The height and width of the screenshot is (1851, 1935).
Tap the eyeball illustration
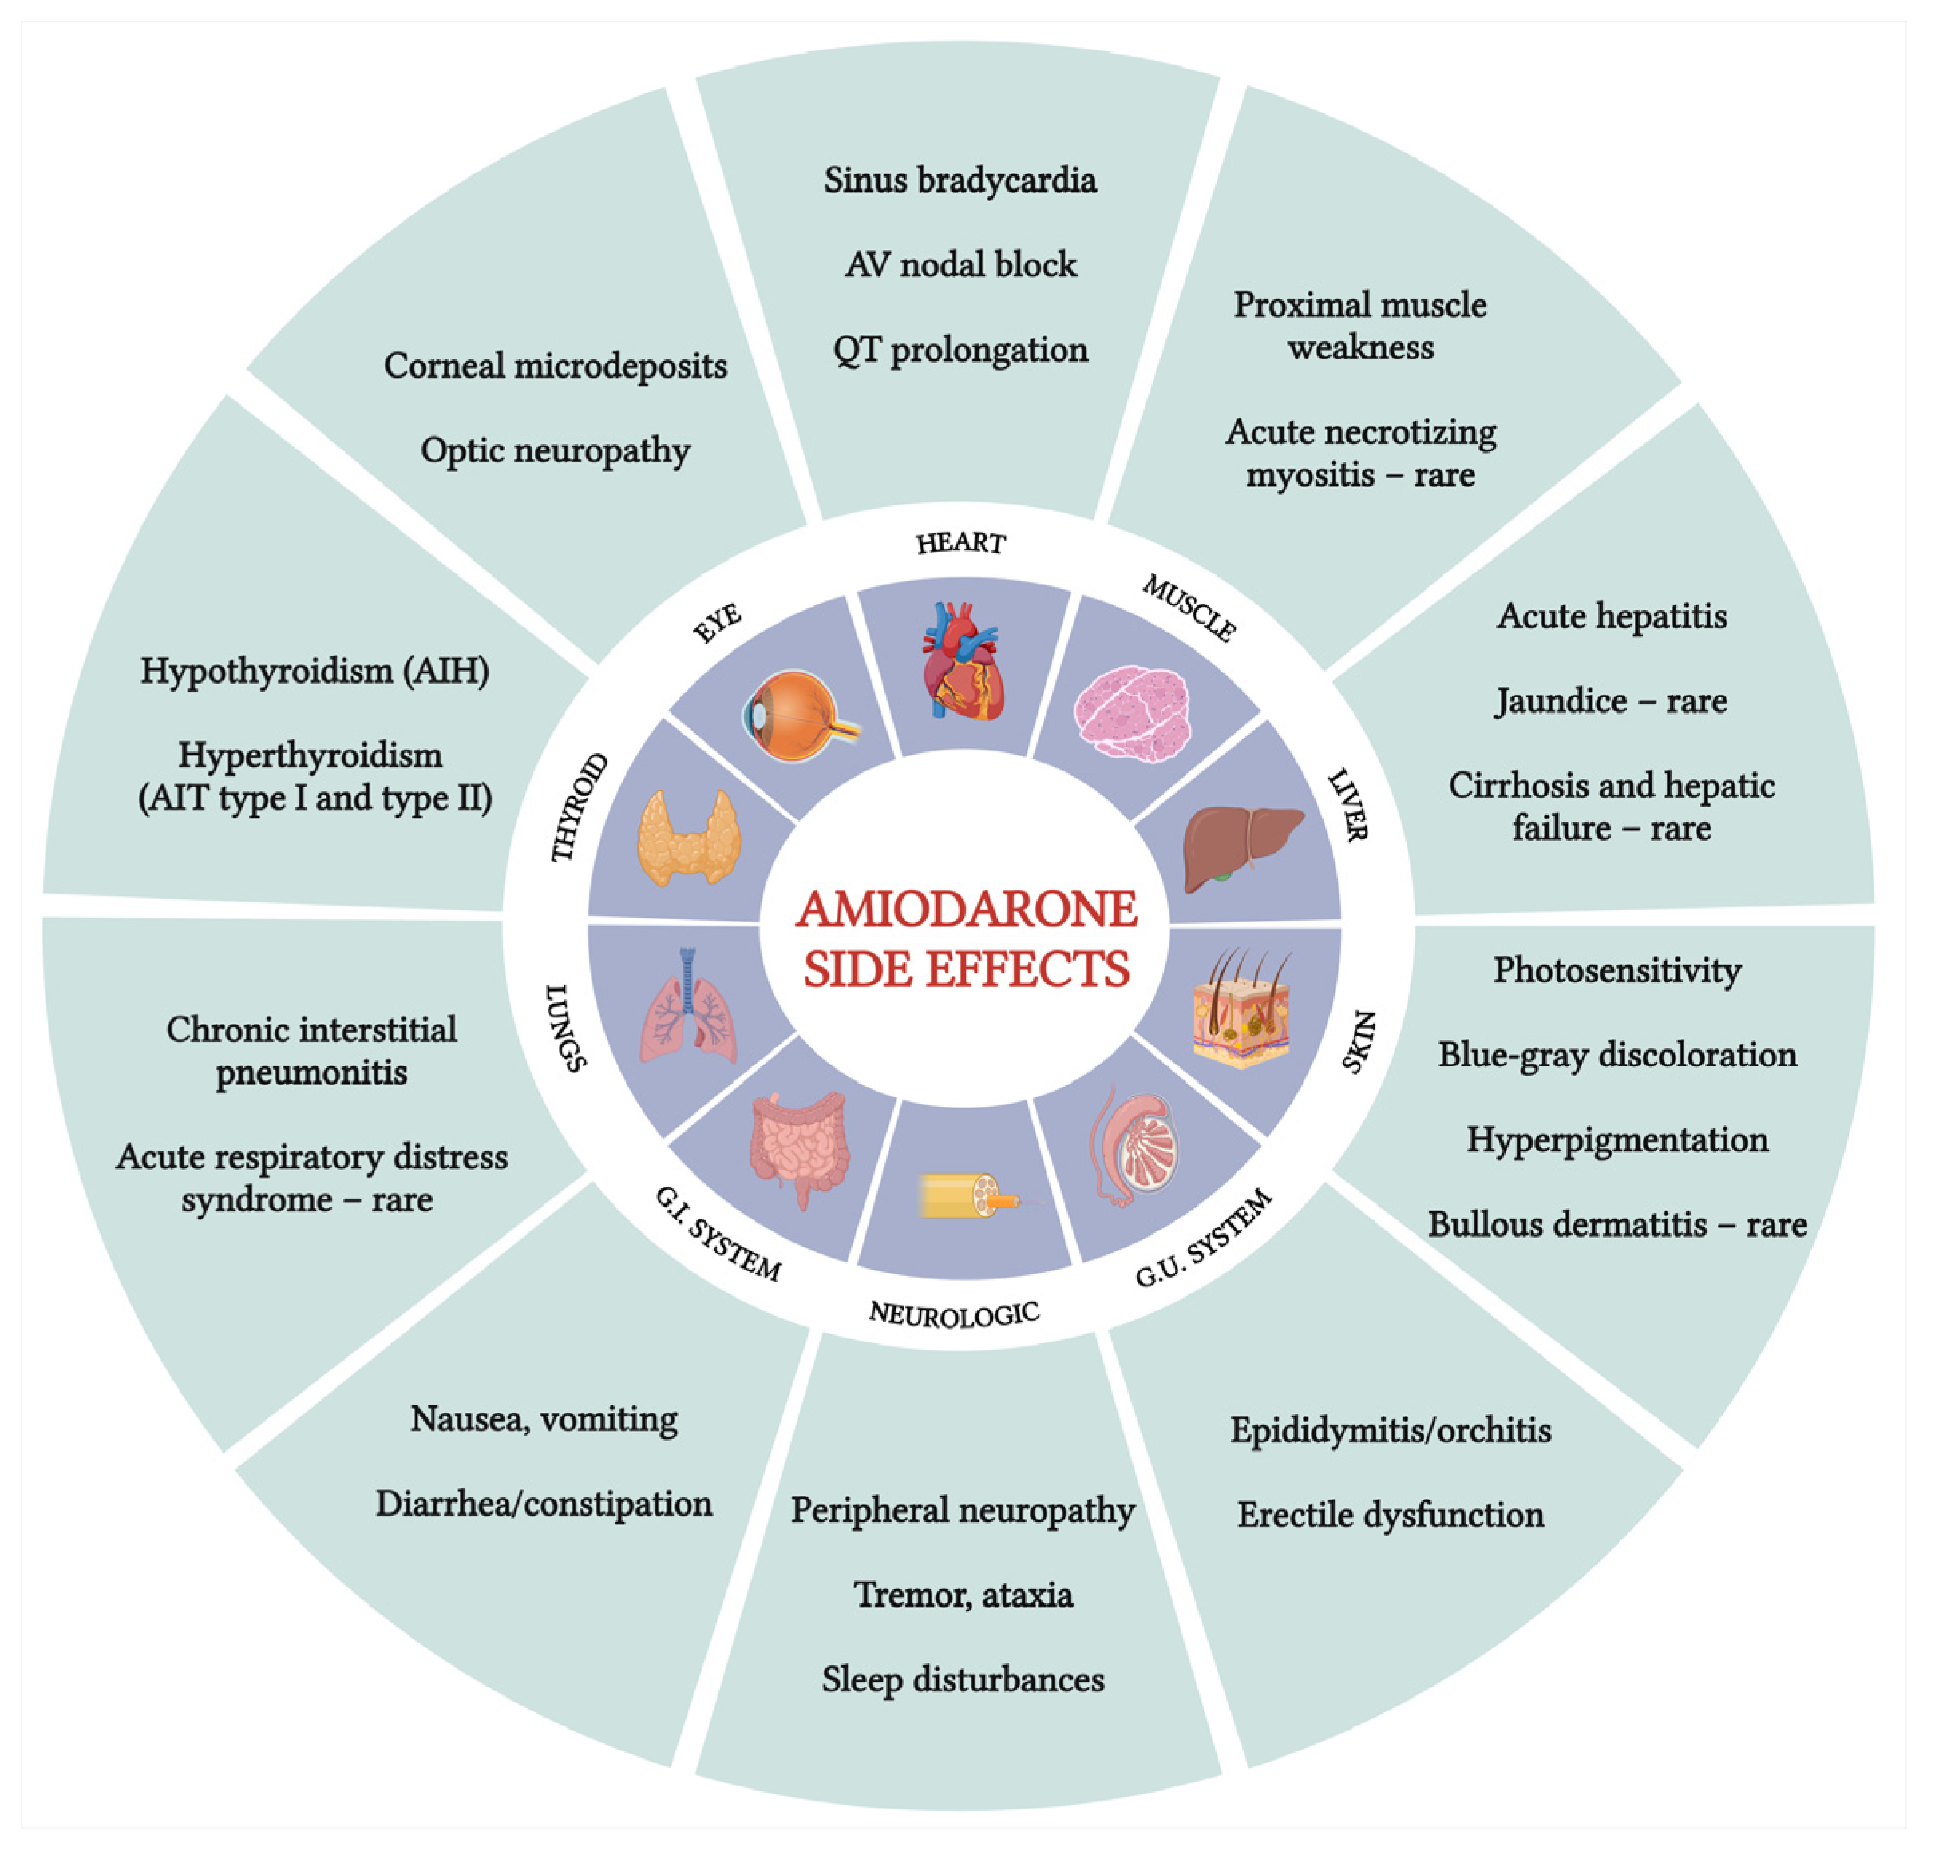pos(797,715)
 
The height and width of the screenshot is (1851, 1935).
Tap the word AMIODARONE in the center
pos(967,909)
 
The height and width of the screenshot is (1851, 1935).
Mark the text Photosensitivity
pos(1616,970)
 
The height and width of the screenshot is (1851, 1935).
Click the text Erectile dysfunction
pos(1391,1515)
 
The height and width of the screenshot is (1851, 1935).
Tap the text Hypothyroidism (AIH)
pos(315,671)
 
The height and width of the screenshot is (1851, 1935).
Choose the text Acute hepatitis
pos(1612,616)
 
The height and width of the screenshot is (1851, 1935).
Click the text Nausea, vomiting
pos(544,1419)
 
